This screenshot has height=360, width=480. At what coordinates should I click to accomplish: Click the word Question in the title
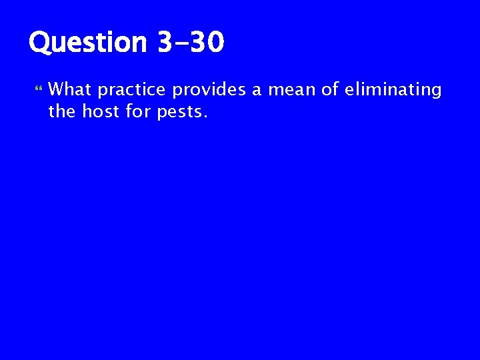(x=87, y=44)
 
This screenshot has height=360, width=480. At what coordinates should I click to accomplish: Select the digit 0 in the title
(x=214, y=43)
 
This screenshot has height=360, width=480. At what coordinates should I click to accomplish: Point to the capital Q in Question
(x=41, y=44)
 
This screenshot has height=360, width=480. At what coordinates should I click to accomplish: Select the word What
(x=71, y=89)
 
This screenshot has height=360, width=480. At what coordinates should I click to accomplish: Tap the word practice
(x=133, y=90)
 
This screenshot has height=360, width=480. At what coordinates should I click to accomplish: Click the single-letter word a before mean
(x=256, y=91)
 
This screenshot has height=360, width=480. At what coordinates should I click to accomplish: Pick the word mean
(x=291, y=90)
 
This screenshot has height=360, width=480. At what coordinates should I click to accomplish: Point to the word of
(x=329, y=89)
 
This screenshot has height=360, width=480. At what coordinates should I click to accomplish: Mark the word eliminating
(x=392, y=90)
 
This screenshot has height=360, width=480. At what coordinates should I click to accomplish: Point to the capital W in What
(x=57, y=89)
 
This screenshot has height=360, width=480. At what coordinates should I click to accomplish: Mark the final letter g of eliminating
(x=436, y=92)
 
